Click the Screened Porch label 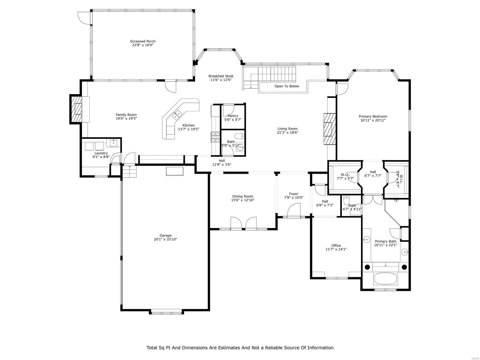[142, 41]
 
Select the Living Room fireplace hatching [329, 129]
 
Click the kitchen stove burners [215, 137]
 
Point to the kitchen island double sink [177, 114]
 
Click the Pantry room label [233, 116]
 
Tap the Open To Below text [286, 86]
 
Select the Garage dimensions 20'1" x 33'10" [165, 239]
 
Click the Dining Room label [242, 196]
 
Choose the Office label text [336, 245]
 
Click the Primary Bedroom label [373, 116]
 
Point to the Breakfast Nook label [221, 76]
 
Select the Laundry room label [101, 153]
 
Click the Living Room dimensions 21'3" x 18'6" [287, 132]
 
